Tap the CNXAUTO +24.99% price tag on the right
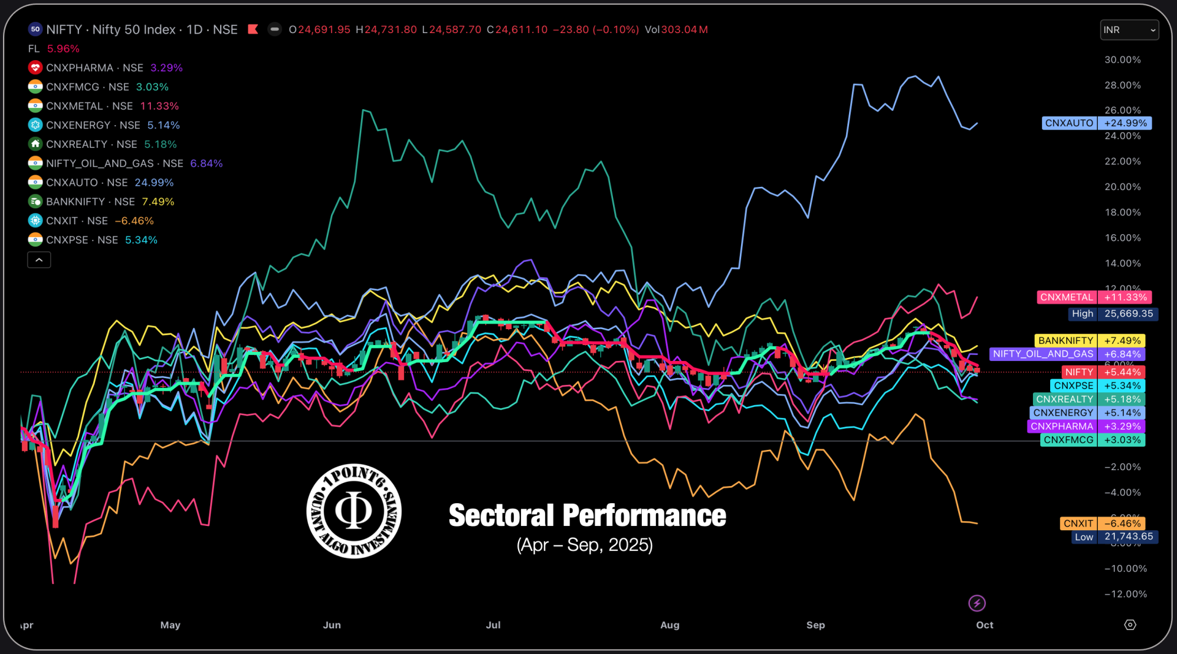click(1096, 123)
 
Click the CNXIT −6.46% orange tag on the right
click(1102, 523)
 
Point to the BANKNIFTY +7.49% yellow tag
click(1089, 340)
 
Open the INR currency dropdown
click(1129, 29)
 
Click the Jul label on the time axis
click(493, 625)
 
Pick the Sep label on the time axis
click(815, 625)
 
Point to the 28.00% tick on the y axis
click(1122, 85)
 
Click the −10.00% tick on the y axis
click(1126, 568)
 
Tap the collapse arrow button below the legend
click(39, 260)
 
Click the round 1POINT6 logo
click(354, 511)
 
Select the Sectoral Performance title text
click(587, 515)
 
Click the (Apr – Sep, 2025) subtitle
click(584, 544)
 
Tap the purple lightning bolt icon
click(977, 603)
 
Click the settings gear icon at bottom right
click(1130, 625)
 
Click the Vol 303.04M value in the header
click(676, 29)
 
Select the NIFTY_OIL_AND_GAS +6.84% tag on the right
click(1067, 354)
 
